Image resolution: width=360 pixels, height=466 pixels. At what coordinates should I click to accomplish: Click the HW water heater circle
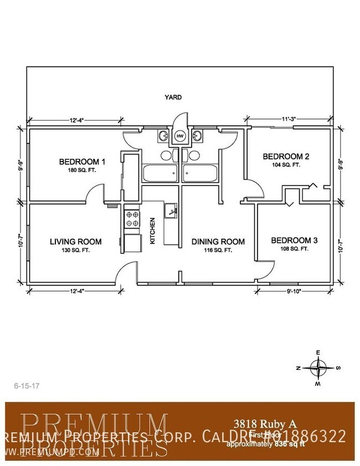pos(179,136)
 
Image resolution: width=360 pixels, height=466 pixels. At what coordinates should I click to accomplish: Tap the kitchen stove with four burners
pos(132,218)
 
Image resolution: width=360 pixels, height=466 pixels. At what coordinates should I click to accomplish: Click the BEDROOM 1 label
pos(83,162)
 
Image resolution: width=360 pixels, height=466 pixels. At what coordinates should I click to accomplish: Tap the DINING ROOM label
pos(218,241)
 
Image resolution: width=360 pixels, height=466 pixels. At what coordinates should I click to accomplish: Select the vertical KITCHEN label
pos(152,231)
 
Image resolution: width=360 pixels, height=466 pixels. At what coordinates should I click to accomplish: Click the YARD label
pos(173,97)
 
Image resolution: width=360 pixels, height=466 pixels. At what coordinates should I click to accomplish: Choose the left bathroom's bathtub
pos(160,174)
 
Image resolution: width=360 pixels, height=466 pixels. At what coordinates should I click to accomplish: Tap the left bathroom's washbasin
pos(164,136)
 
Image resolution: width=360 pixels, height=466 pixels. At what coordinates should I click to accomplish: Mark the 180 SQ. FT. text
pos(83,170)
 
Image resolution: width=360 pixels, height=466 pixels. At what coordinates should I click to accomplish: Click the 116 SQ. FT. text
pos(218,250)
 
